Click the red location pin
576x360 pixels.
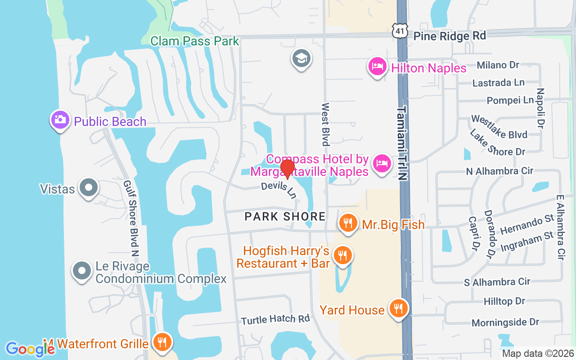click(287, 168)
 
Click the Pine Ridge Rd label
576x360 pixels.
click(450, 36)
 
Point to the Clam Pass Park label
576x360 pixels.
click(195, 41)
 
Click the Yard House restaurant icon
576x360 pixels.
click(398, 308)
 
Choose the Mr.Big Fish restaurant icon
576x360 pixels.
click(348, 223)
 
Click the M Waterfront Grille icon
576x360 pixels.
click(160, 342)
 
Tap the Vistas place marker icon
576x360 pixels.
click(89, 188)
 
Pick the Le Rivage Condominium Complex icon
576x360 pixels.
click(82, 271)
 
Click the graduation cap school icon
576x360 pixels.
click(301, 58)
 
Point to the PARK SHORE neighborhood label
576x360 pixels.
click(285, 216)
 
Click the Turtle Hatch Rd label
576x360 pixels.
click(275, 319)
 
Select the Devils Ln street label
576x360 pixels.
click(279, 190)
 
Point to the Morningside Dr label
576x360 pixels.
click(505, 322)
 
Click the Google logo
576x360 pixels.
click(30, 349)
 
